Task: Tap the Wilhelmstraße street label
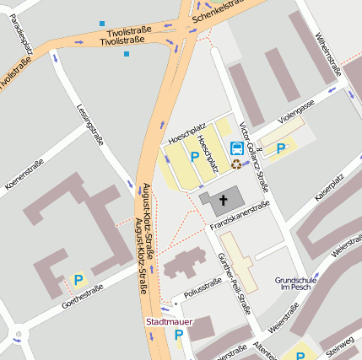click(328, 51)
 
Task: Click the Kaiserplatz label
click(329, 188)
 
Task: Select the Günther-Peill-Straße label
click(234, 282)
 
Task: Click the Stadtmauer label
click(169, 321)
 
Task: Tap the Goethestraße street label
click(82, 298)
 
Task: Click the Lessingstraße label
click(89, 124)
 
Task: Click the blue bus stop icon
click(237, 148)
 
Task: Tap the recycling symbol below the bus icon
click(236, 164)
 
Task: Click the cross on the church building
click(224, 201)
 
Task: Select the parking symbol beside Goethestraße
click(78, 280)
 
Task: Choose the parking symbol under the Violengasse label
click(281, 148)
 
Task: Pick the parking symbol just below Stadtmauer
click(178, 336)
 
